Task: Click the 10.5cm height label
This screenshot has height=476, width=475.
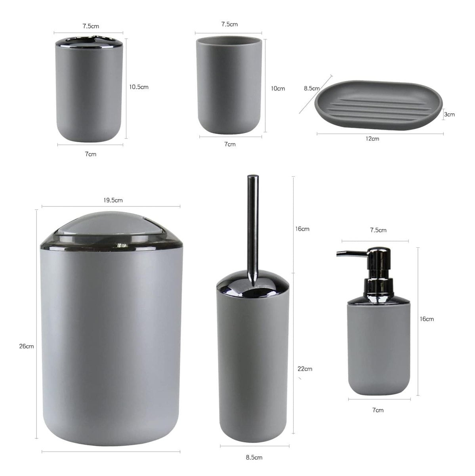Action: [139, 87]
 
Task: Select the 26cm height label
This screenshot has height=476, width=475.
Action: [26, 346]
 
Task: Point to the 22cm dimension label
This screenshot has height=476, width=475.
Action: [305, 369]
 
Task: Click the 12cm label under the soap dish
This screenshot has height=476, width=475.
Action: [372, 139]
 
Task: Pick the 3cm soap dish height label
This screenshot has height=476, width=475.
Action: [449, 114]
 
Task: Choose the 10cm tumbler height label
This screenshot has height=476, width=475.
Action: [278, 88]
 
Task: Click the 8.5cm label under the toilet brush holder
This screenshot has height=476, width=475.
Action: [254, 457]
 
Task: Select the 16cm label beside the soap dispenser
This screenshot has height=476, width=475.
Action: [427, 319]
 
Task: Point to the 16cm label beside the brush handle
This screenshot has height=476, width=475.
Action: [303, 229]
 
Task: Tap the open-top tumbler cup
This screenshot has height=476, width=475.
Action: [229, 85]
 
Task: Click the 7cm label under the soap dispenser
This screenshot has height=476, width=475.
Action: [378, 410]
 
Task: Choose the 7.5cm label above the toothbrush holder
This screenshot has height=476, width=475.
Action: [91, 26]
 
